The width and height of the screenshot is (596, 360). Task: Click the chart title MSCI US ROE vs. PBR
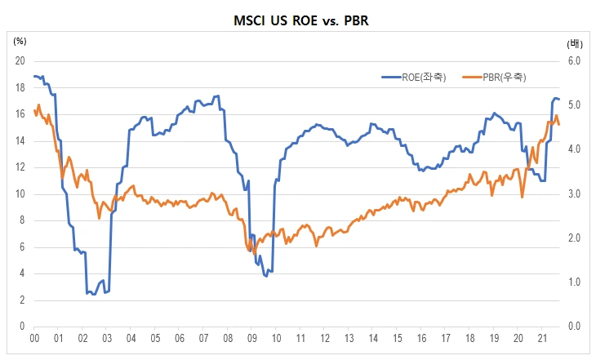298,19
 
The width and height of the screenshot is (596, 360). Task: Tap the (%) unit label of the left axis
20,40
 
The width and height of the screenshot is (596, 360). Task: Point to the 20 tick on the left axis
20,61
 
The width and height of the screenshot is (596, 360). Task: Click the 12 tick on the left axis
20,167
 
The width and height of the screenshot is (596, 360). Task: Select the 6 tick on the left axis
22,247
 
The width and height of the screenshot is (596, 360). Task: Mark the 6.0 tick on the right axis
572,61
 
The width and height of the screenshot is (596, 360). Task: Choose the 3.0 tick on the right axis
572,194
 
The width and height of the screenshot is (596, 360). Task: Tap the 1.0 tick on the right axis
572,282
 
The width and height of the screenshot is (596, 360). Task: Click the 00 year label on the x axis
34,336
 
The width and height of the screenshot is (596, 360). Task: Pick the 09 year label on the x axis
252,336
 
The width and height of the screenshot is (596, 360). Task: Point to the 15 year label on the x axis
397,336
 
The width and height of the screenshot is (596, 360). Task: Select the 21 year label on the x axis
542,336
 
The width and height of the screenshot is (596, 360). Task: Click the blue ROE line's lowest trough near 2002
95,294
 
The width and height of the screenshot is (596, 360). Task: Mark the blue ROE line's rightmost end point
559,100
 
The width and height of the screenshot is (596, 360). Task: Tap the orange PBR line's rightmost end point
559,124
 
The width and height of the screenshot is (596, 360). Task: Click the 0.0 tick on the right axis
572,327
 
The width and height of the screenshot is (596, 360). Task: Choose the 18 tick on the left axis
20,87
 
